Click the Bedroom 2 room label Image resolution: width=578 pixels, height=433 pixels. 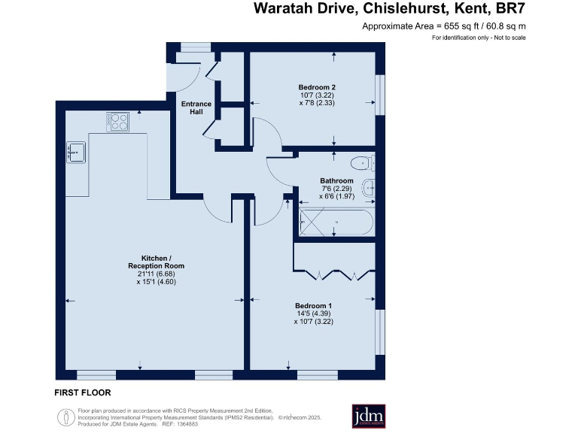(x=312, y=87)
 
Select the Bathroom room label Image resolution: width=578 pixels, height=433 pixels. (x=336, y=181)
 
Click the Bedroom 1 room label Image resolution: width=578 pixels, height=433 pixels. (x=314, y=305)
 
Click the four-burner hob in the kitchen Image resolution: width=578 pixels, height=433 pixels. (x=118, y=121)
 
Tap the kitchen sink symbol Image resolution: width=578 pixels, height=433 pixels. (x=77, y=152)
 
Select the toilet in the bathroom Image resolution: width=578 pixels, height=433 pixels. (x=362, y=162)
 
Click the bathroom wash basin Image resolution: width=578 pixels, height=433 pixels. (x=370, y=188)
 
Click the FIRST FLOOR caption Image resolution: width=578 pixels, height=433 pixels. (x=83, y=392)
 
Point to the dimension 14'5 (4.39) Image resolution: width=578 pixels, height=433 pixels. (x=314, y=313)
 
